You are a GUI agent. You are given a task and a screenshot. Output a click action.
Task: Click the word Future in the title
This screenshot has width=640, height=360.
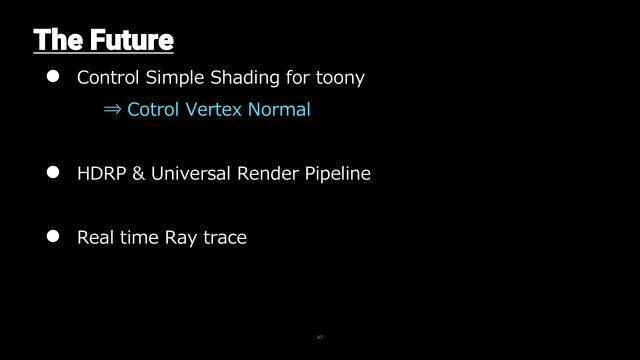(x=131, y=40)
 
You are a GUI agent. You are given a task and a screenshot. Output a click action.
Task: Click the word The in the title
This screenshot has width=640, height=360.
(x=58, y=40)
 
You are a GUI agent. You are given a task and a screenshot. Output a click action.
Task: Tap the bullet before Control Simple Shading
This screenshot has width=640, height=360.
(x=55, y=76)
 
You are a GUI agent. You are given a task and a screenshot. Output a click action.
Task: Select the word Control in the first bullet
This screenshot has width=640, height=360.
(x=107, y=77)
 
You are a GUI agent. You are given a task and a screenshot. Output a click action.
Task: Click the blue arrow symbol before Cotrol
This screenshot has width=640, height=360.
(x=112, y=110)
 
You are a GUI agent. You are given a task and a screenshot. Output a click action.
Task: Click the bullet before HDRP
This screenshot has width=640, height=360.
(x=55, y=172)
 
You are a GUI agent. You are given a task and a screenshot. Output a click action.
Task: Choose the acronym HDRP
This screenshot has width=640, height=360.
(x=100, y=173)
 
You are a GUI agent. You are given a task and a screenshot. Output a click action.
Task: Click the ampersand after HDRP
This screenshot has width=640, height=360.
(x=139, y=173)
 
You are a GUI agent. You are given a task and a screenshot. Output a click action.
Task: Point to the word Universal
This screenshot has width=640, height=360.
(x=192, y=173)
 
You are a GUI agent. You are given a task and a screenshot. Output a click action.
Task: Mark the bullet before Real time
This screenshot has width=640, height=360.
(x=55, y=236)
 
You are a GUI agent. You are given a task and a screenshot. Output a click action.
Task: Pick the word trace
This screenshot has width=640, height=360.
(x=224, y=237)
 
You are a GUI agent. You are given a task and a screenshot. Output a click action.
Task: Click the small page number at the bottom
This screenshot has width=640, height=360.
(x=319, y=337)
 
